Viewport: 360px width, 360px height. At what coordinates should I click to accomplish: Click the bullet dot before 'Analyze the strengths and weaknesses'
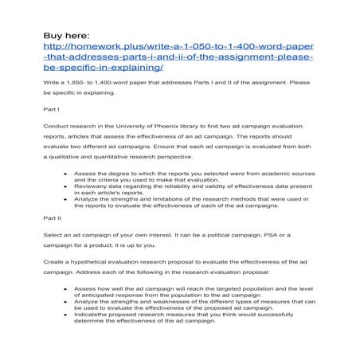pyautogui.click(x=64, y=301)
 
